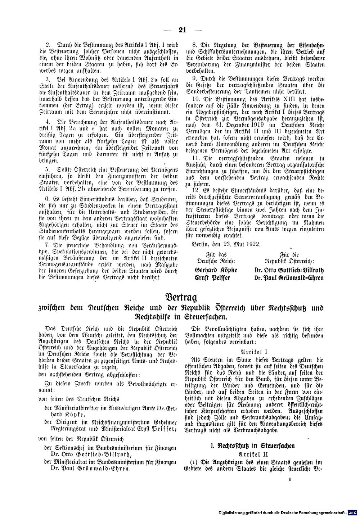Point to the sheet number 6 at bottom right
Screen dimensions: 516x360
pos(290,479)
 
